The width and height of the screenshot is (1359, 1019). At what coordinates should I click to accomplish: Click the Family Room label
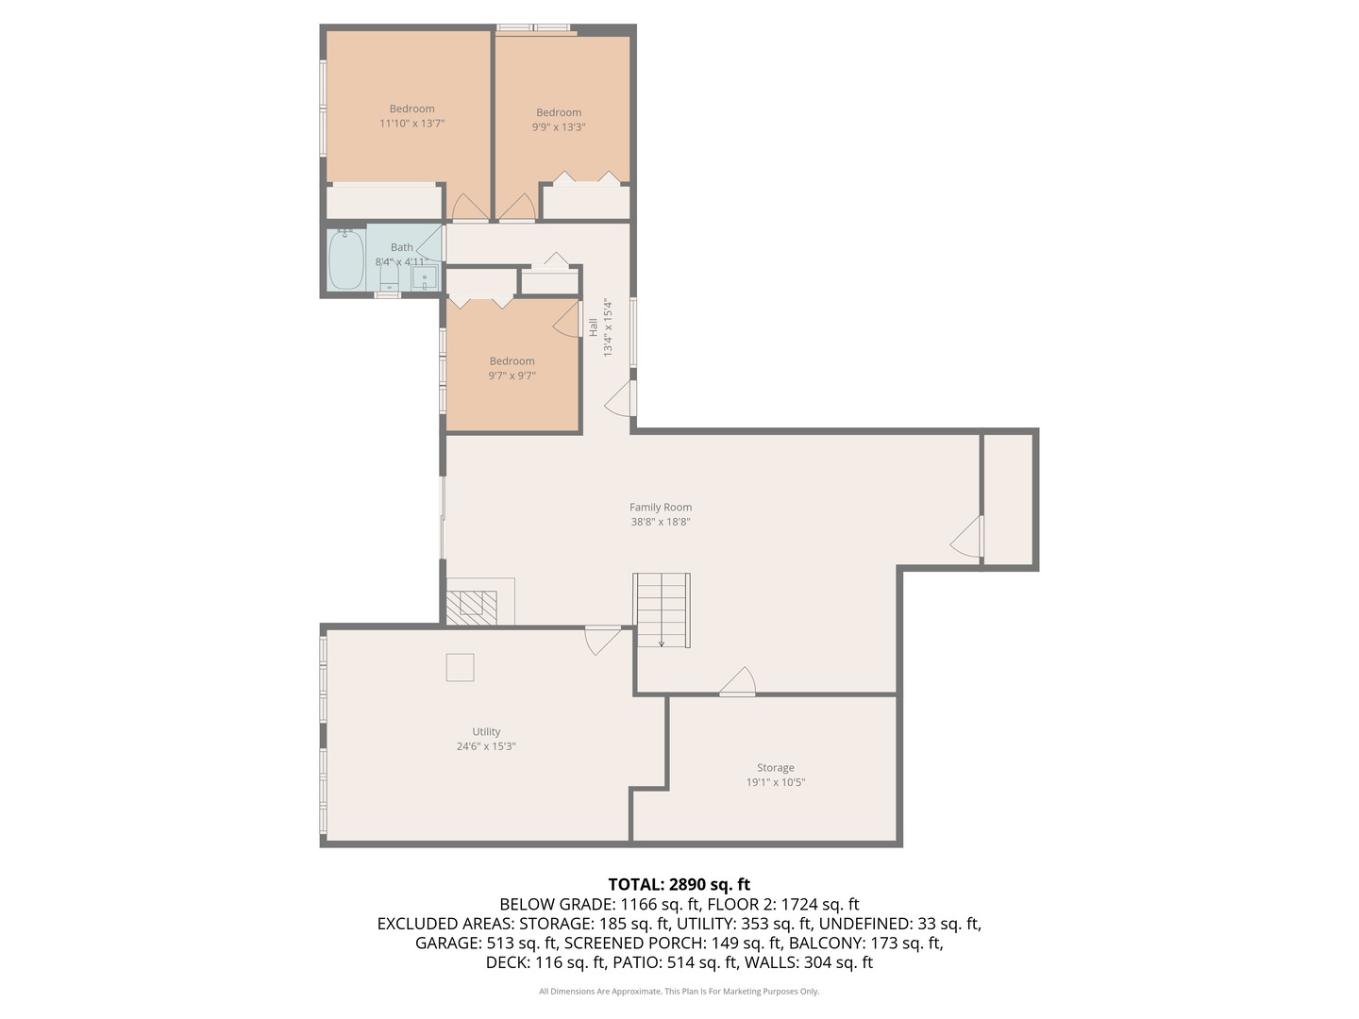661,508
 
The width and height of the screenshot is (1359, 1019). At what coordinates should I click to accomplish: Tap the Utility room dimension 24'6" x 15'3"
486,746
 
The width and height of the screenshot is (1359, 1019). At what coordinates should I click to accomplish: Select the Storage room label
775,768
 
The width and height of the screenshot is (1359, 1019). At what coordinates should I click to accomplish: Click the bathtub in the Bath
346,259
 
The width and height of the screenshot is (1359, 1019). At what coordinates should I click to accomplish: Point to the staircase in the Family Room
662,610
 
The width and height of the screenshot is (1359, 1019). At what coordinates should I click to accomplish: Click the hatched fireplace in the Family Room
471,608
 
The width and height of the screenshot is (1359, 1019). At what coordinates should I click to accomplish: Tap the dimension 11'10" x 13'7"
411,124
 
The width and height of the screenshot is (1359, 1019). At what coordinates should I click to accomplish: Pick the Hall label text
593,327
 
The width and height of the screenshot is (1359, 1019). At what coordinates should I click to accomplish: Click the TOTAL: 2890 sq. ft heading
679,884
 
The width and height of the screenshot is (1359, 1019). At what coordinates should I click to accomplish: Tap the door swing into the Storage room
738,681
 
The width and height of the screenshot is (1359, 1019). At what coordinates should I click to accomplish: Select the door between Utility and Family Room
602,640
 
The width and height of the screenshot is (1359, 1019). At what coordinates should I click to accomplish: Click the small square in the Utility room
460,667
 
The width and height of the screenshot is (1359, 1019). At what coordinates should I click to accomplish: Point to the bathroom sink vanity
426,277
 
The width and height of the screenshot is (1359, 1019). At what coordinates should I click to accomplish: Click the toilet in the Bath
389,280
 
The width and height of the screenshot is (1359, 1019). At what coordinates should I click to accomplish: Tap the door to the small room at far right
968,537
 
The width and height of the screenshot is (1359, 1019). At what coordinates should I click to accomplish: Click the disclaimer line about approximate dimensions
679,992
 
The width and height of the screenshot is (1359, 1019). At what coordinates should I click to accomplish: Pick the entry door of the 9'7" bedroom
567,319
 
